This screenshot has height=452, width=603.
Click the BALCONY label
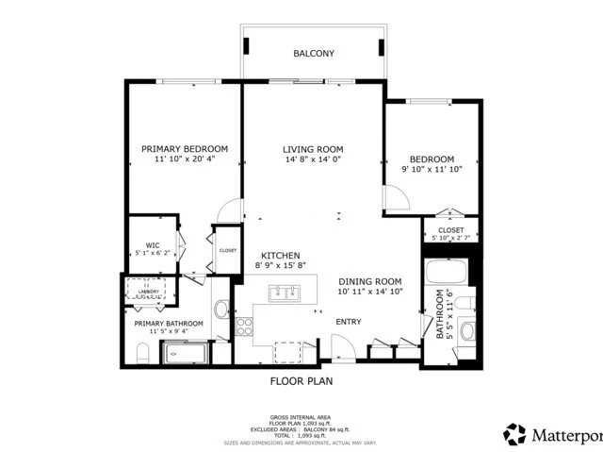click(x=313, y=54)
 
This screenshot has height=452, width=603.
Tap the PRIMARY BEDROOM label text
click(x=185, y=149)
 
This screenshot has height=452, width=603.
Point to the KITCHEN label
click(x=280, y=256)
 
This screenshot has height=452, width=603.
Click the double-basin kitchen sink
click(x=282, y=294)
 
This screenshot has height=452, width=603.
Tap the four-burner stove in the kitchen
click(x=243, y=327)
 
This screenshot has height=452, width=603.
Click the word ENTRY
click(x=349, y=322)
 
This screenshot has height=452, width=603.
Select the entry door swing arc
click(x=346, y=346)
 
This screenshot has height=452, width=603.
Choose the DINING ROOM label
click(x=370, y=281)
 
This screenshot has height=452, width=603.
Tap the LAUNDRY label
click(x=148, y=293)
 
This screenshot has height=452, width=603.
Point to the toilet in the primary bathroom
click(x=142, y=354)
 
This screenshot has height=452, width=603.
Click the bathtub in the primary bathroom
click(x=187, y=355)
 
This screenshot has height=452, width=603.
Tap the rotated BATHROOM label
click(x=439, y=314)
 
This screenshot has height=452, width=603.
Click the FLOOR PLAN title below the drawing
click(x=301, y=382)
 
